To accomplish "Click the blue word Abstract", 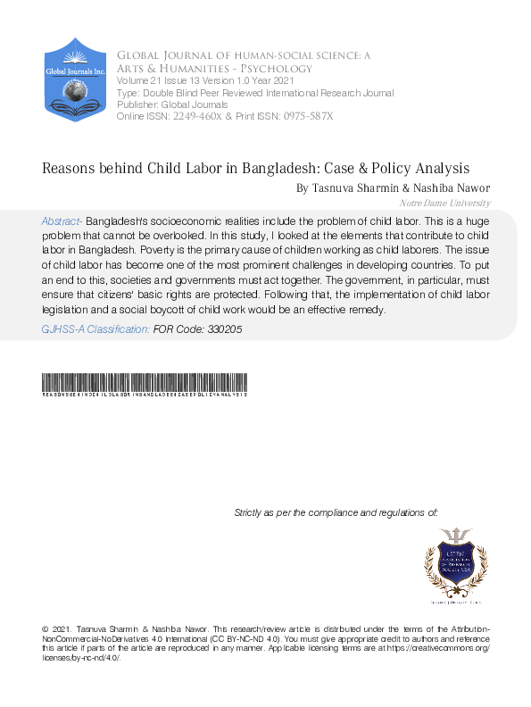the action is point(62,220).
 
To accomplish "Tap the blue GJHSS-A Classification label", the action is point(95,329).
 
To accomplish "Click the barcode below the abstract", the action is point(145,383).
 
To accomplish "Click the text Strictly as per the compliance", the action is point(336,512).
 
